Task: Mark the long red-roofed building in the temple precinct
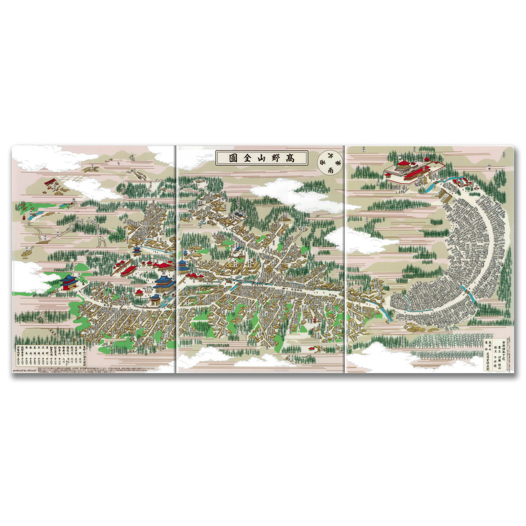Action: (129, 270)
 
